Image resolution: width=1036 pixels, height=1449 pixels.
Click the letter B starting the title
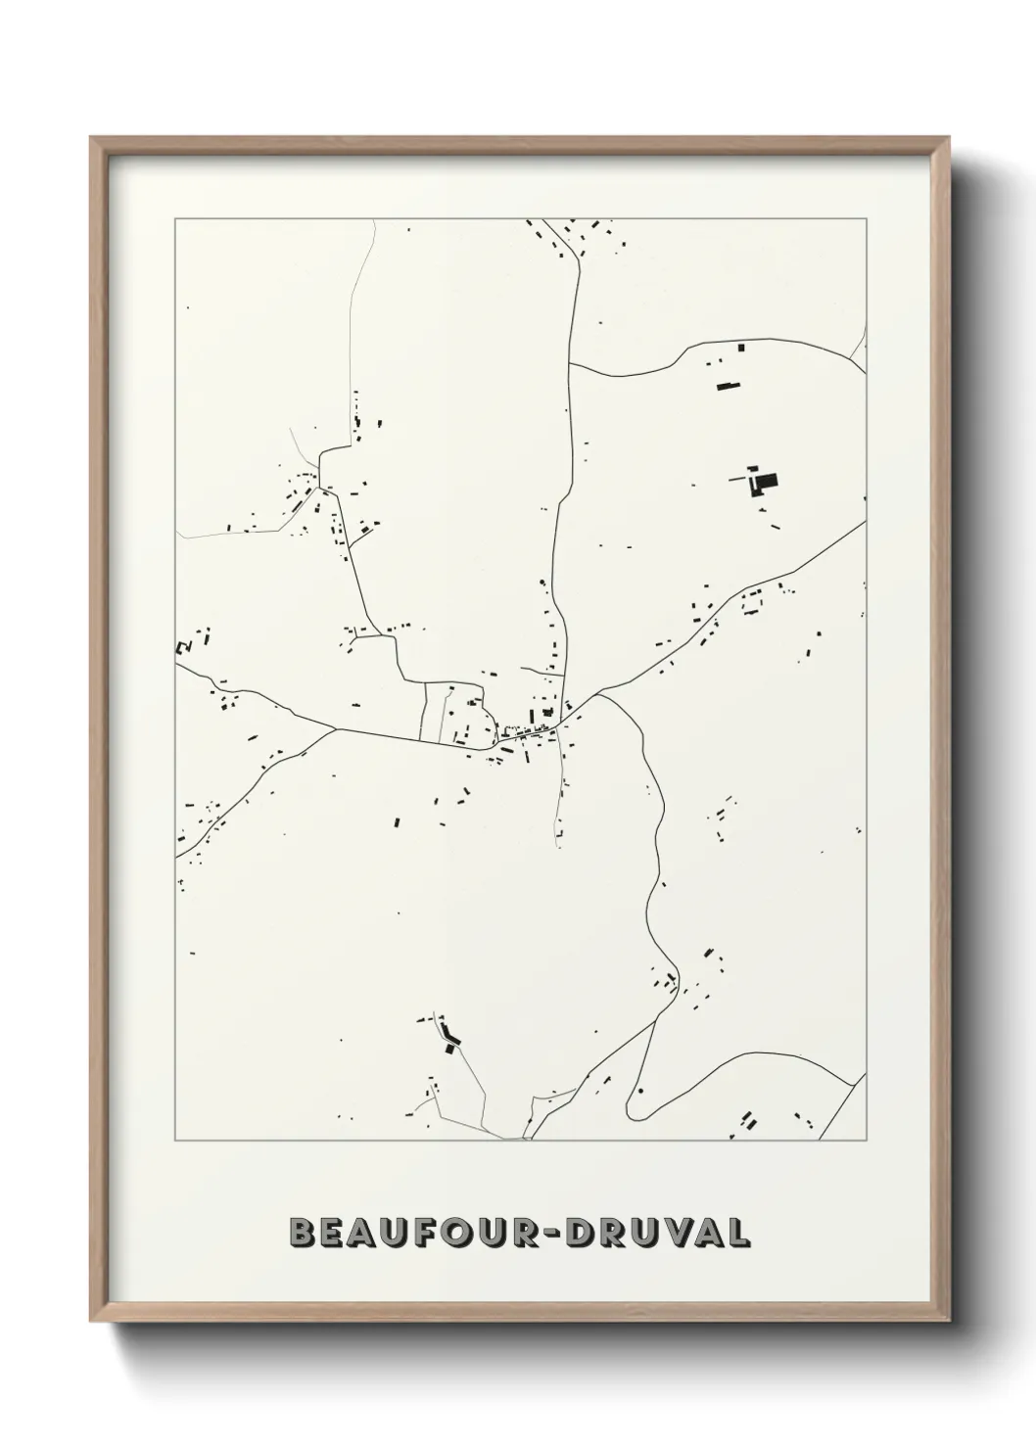[x=303, y=1233]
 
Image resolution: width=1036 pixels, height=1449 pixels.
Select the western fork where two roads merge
[x=336, y=728]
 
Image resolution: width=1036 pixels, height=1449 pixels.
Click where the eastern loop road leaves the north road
[x=569, y=364]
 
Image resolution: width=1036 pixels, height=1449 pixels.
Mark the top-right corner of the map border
[x=866, y=218]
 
